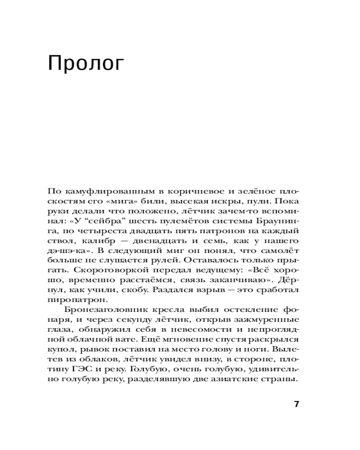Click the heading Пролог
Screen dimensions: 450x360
(x=85, y=64)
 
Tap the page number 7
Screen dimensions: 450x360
(x=296, y=404)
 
